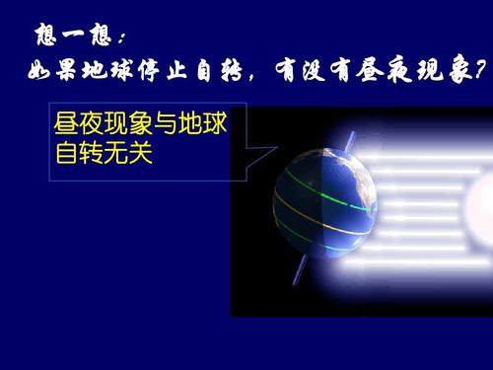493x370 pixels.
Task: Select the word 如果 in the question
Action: pyautogui.click(x=48, y=74)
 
